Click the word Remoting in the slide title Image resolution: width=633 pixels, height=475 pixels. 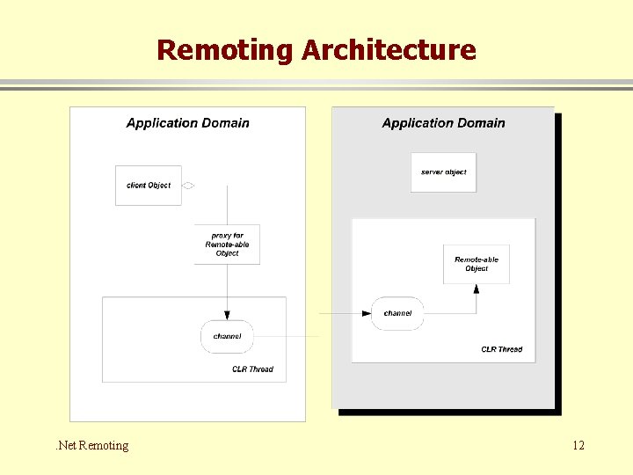(x=225, y=50)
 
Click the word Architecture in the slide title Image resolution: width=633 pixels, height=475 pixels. (x=389, y=50)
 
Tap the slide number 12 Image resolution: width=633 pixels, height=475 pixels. (x=578, y=445)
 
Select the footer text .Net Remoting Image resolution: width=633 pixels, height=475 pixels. (x=91, y=445)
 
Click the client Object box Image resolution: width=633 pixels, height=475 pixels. (x=149, y=186)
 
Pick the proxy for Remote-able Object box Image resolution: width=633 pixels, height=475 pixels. (x=227, y=245)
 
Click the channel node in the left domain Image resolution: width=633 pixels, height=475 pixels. (x=227, y=336)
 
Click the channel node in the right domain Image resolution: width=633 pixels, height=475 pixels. (x=397, y=313)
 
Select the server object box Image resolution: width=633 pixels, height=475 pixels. (x=443, y=172)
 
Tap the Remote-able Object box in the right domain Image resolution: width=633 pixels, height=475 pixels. (x=477, y=264)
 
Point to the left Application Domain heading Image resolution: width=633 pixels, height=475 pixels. (x=187, y=123)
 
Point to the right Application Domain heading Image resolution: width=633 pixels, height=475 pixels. (x=443, y=123)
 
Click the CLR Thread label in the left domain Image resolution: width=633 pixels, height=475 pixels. (x=252, y=369)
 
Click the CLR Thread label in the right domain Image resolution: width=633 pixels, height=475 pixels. (x=501, y=349)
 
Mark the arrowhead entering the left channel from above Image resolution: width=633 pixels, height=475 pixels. (x=227, y=315)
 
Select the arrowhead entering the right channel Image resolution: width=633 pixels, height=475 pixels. (x=367, y=313)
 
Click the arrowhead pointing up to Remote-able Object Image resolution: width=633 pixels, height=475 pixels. (x=477, y=289)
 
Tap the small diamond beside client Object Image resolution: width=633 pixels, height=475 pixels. (x=187, y=186)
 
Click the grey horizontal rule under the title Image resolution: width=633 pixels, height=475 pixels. (x=316, y=85)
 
